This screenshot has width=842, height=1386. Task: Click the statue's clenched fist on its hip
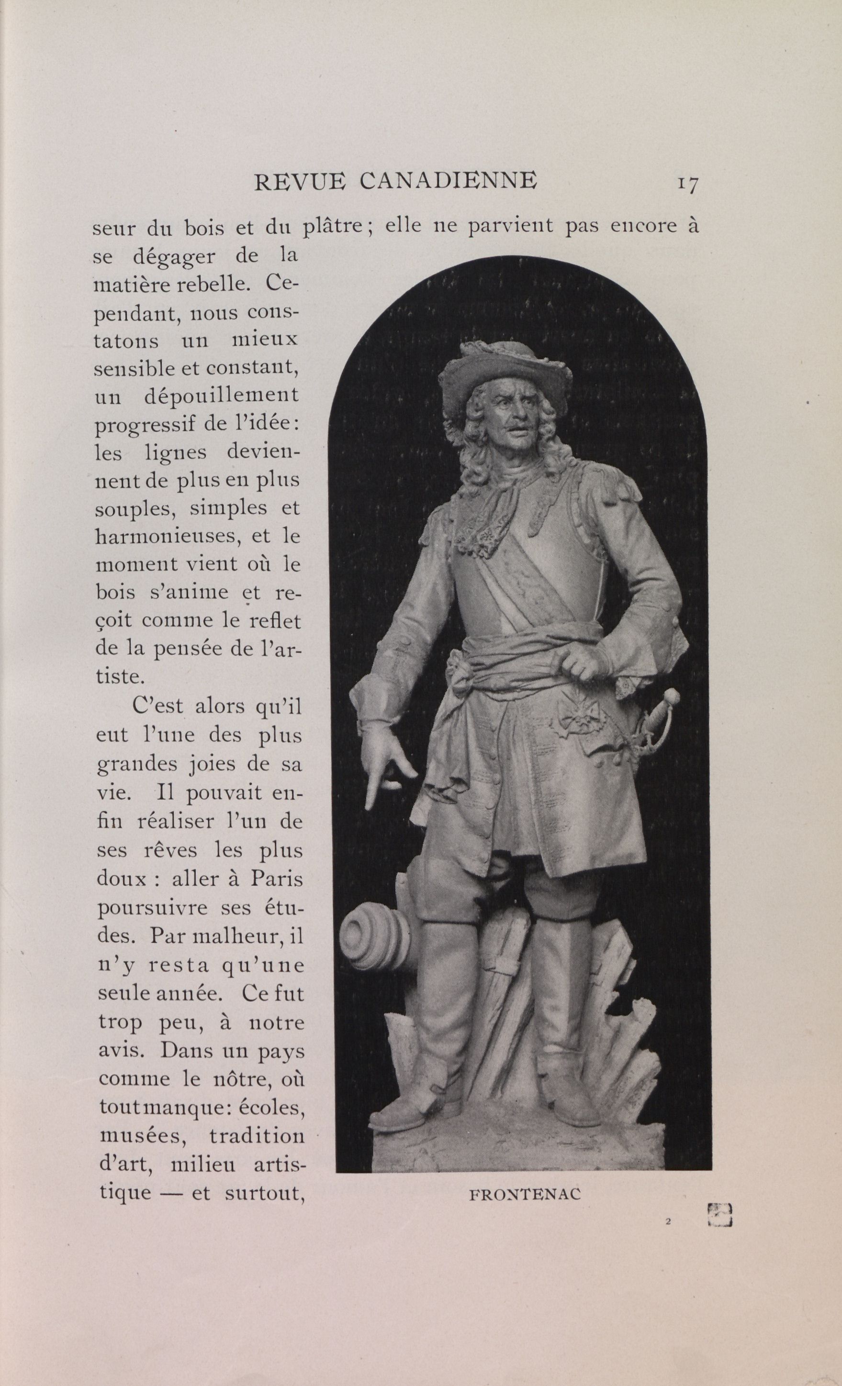tap(583, 664)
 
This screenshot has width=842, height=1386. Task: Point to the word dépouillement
tap(221, 396)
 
